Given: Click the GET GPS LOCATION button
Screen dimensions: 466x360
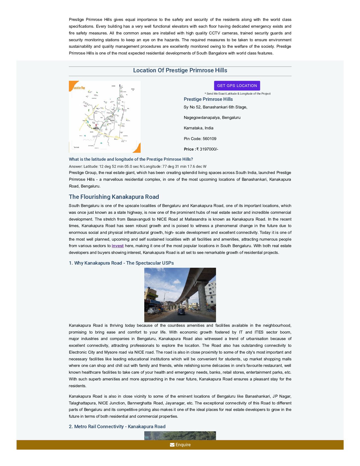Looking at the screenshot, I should tap(237, 86).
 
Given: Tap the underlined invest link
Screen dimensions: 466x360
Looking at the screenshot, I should tap(117, 246).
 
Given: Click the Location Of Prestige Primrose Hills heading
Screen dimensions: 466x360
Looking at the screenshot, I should tap(180, 70).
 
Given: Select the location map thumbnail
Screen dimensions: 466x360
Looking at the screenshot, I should tap(105, 117).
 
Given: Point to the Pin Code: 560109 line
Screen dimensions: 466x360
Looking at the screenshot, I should tap(200, 139).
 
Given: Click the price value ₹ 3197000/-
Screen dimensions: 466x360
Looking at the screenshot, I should tap(207, 149).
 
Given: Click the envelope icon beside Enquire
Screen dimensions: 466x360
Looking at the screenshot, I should tap(172, 445).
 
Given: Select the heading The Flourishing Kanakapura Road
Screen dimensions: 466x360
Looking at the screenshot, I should tap(114, 197).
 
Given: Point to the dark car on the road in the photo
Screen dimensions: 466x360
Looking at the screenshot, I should tap(181, 312).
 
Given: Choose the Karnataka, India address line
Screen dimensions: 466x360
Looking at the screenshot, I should tap(198, 128).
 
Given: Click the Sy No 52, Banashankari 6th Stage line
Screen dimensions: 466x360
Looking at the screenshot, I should tap(215, 107).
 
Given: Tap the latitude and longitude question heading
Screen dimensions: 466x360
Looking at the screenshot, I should tap(131, 159).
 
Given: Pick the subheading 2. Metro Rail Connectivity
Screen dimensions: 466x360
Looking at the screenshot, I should tap(117, 426).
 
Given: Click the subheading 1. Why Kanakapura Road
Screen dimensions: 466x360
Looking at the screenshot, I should tap(121, 263).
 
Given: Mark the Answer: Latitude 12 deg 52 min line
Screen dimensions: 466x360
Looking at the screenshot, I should tap(138, 166).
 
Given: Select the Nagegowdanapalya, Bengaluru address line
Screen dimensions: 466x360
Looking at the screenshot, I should tap(212, 117).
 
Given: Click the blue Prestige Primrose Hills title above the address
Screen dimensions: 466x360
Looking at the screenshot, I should tap(208, 99).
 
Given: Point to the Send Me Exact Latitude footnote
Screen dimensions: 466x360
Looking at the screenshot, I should tap(237, 93).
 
